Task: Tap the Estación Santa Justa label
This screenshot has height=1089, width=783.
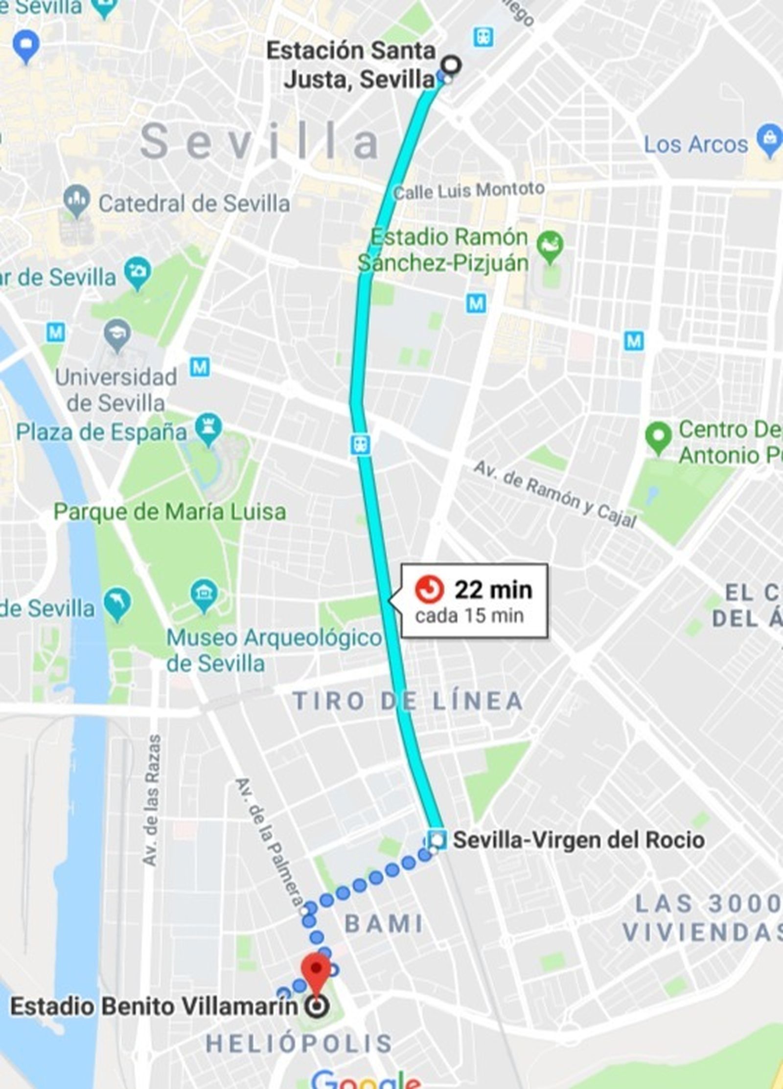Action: pyautogui.click(x=350, y=65)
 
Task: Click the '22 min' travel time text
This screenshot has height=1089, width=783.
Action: pyautogui.click(x=493, y=590)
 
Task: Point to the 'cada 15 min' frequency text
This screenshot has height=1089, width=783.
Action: pyautogui.click(x=469, y=616)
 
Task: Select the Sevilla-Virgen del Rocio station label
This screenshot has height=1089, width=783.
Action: pyautogui.click(x=578, y=840)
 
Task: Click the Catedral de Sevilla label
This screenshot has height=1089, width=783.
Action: pyautogui.click(x=194, y=203)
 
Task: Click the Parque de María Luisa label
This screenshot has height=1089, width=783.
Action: pyautogui.click(x=169, y=512)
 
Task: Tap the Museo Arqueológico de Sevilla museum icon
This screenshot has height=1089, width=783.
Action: pyautogui.click(x=204, y=594)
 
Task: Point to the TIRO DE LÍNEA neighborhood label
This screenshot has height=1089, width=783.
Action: pyautogui.click(x=407, y=701)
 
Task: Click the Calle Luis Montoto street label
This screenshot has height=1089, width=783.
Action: pyautogui.click(x=469, y=190)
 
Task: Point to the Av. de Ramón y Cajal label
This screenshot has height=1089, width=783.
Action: pyautogui.click(x=554, y=495)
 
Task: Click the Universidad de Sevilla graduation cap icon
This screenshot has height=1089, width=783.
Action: pyautogui.click(x=117, y=335)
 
